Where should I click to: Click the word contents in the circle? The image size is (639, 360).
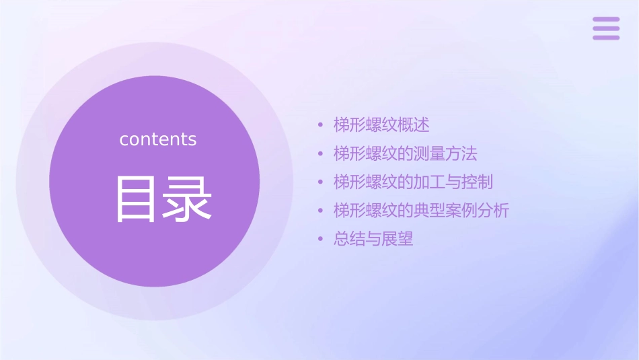pos(158,139)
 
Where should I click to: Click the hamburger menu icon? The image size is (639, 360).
pos(605,28)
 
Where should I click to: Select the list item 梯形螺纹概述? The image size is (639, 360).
pos(381,125)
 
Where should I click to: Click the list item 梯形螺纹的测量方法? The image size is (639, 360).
pos(405,153)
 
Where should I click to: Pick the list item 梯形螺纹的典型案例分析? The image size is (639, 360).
pos(421,211)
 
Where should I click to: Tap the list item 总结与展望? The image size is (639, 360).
pos(373,239)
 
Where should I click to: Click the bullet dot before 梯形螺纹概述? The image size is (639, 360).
pos(321,125)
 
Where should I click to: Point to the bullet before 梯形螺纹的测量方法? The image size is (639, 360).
pos(321,154)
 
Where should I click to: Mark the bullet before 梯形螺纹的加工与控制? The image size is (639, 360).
pos(321,182)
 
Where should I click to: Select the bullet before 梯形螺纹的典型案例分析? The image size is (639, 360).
pos(321,211)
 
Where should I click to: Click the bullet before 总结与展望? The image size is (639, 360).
pos(321,240)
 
